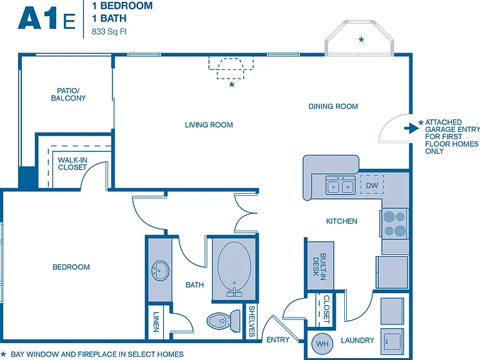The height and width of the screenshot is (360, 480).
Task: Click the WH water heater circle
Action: tap(322, 344)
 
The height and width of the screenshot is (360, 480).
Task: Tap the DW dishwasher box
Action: tap(372, 184)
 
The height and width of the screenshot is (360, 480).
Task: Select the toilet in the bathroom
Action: tap(224, 321)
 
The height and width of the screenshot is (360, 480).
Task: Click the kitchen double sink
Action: tap(340, 185)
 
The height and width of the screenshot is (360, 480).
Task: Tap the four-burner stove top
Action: tap(394, 224)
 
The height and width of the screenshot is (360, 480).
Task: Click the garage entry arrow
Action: tap(411, 128)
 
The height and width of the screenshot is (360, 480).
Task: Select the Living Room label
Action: tap(209, 125)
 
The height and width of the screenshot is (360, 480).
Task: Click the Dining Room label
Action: tap(333, 106)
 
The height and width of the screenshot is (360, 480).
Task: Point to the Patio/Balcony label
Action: tap(68, 94)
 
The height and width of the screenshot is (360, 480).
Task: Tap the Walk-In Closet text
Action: tap(72, 164)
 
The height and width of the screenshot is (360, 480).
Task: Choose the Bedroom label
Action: tap(71, 267)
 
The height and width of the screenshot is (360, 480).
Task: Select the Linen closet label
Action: tap(156, 322)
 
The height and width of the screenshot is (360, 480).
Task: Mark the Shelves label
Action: tap(252, 321)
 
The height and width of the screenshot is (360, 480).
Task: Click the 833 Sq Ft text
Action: tap(109, 31)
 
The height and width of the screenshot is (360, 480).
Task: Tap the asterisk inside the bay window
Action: tap(361, 39)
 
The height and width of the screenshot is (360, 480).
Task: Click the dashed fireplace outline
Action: tap(231, 67)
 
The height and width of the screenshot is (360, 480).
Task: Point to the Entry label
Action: tap(278, 340)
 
